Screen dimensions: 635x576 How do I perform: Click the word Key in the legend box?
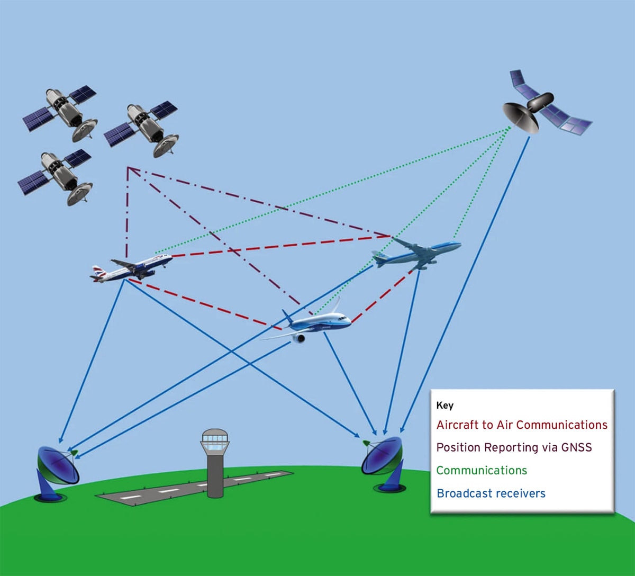(x=444, y=406)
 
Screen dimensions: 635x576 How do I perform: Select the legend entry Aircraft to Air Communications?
(x=522, y=425)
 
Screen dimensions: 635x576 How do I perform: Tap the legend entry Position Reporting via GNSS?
(x=514, y=448)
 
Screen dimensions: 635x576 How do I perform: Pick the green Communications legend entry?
(x=482, y=471)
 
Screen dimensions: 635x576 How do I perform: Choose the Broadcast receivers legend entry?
(x=491, y=493)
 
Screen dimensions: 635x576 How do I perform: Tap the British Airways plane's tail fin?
(x=98, y=273)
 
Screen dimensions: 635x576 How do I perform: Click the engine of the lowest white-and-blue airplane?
(x=298, y=339)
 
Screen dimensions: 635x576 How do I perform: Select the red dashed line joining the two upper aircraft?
(x=282, y=246)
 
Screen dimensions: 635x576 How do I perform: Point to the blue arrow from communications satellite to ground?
(x=465, y=284)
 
